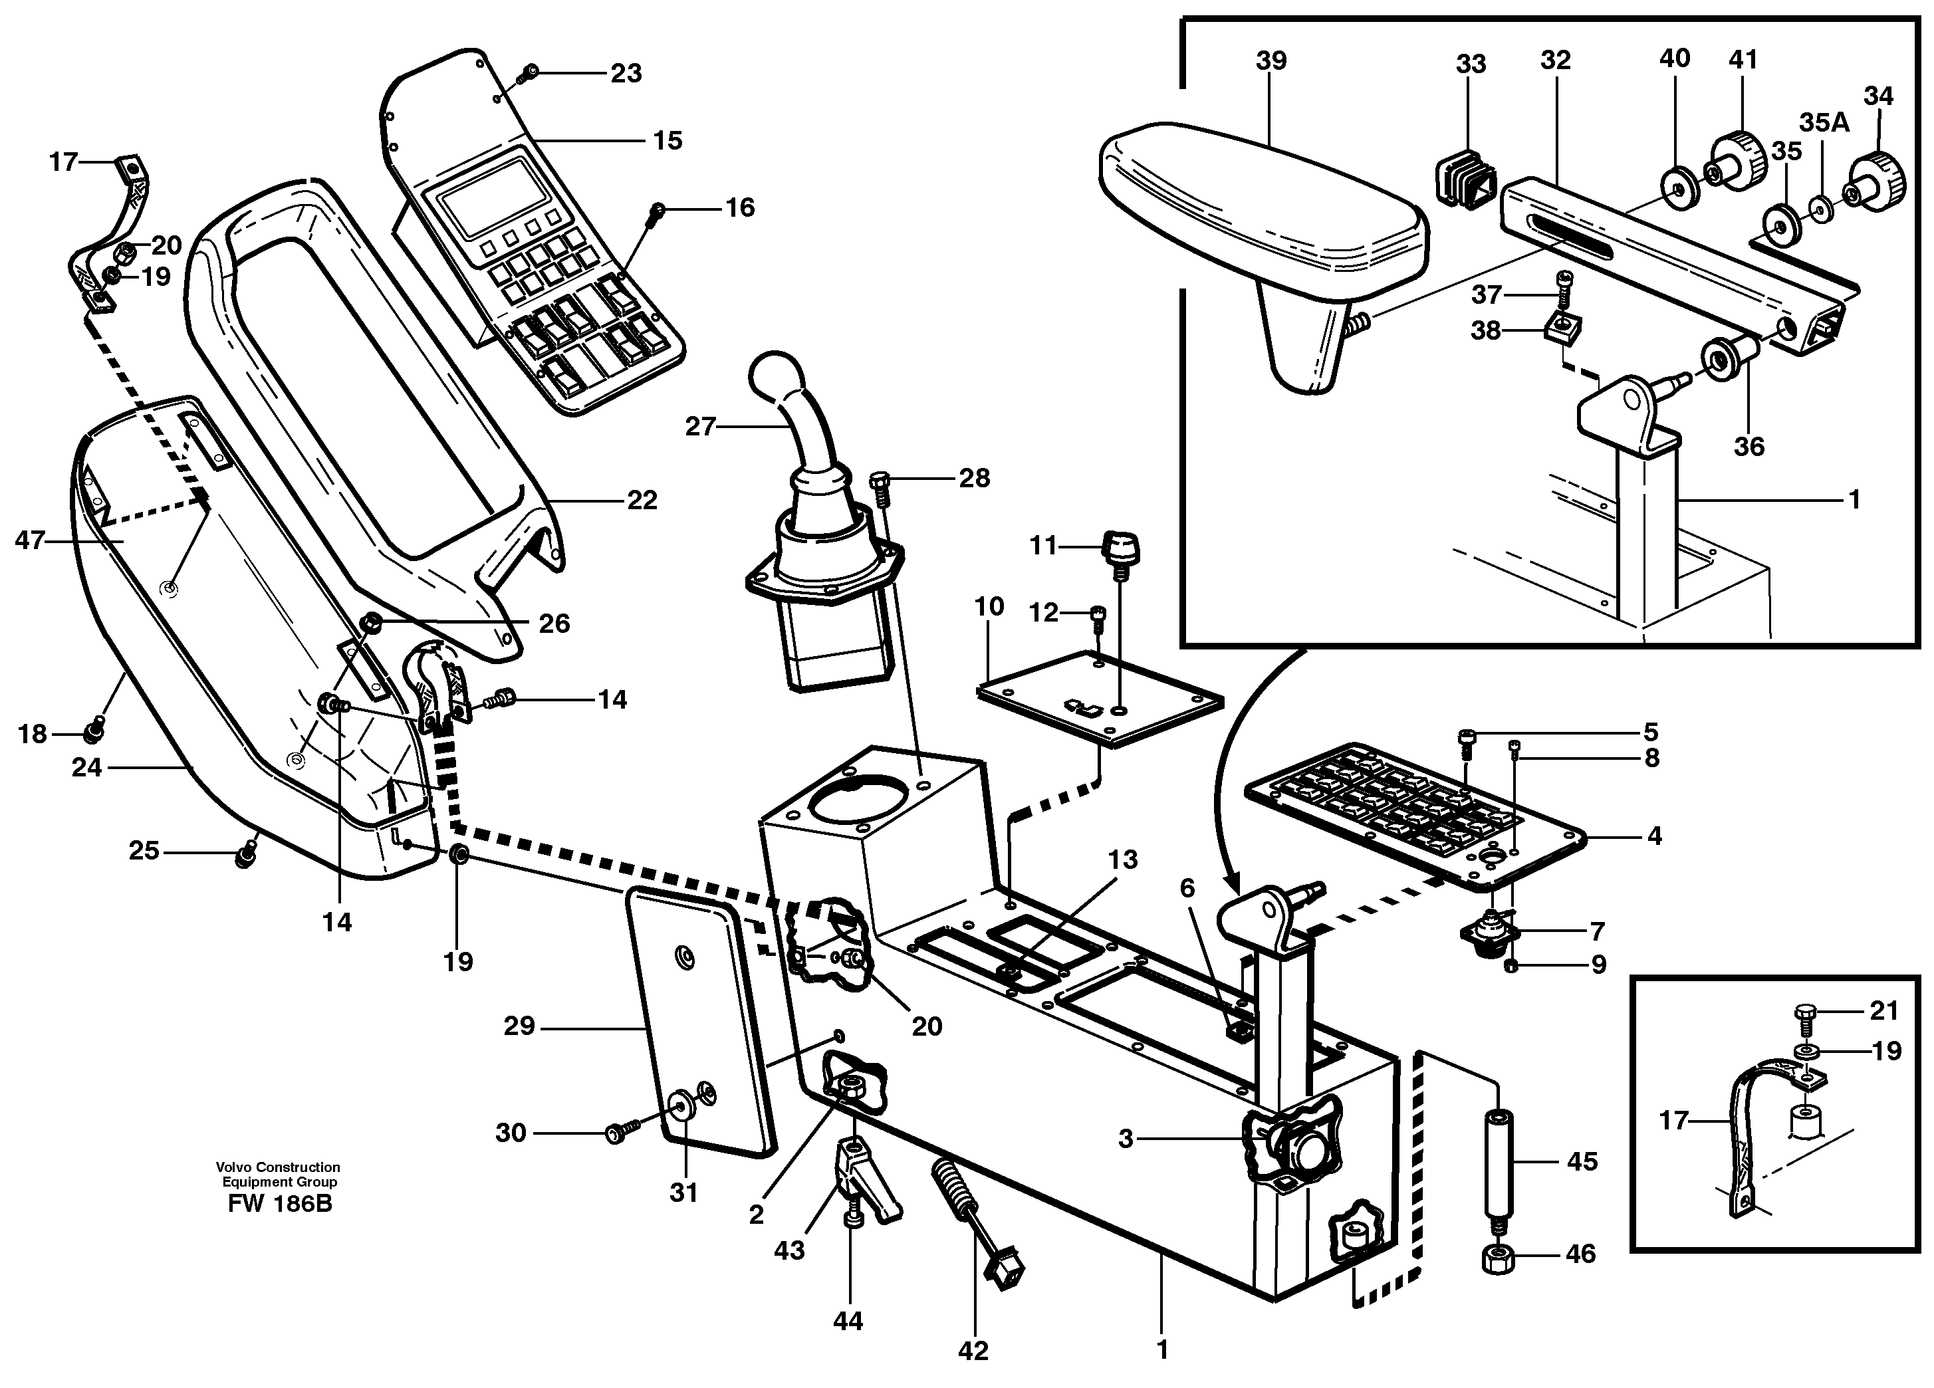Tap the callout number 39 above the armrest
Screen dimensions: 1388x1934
1270,60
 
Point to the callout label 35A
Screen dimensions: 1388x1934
1824,123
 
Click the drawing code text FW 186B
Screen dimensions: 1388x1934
280,1204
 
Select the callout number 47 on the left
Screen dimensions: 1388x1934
29,540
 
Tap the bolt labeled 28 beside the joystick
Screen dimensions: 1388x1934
882,483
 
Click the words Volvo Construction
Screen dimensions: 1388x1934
278,1167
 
